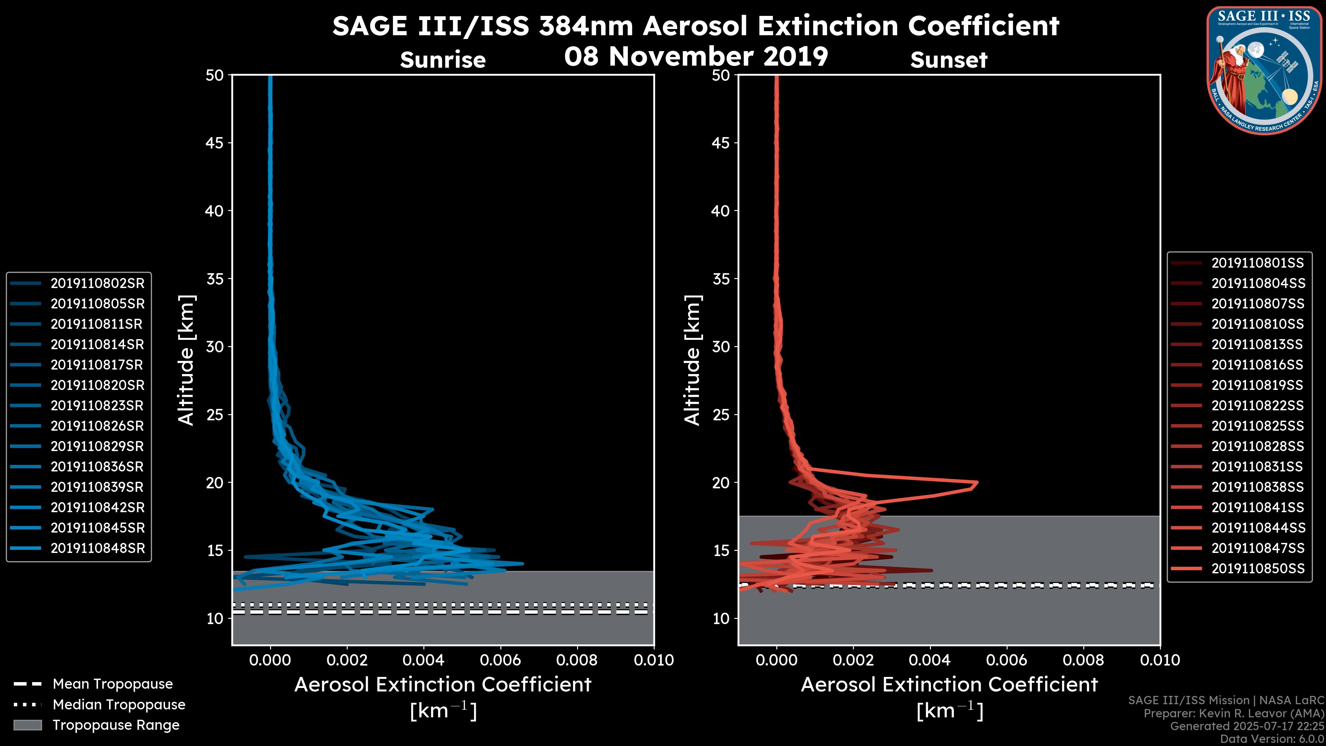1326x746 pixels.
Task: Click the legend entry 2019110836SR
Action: click(x=97, y=467)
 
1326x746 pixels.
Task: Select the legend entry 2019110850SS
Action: click(x=1258, y=568)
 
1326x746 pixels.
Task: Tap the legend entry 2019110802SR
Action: click(x=97, y=283)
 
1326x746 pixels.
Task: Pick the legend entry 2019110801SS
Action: click(x=1258, y=263)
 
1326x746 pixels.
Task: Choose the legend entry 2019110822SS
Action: click(x=1258, y=406)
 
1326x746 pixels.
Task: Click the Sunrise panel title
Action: click(x=443, y=60)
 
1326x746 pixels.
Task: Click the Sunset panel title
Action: click(x=949, y=60)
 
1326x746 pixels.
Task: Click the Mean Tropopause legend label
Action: click(x=113, y=684)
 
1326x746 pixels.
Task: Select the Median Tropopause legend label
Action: click(x=119, y=704)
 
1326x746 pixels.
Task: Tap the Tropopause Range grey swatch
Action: click(x=27, y=725)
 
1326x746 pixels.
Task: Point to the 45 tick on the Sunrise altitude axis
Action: click(x=215, y=143)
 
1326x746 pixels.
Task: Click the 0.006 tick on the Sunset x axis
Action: click(x=1007, y=660)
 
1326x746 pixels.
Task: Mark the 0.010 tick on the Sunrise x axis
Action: click(x=654, y=660)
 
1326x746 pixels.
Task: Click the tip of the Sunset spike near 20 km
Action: click(x=977, y=483)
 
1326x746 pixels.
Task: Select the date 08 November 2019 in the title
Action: click(x=696, y=56)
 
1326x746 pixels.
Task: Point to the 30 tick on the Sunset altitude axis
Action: click(x=721, y=346)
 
